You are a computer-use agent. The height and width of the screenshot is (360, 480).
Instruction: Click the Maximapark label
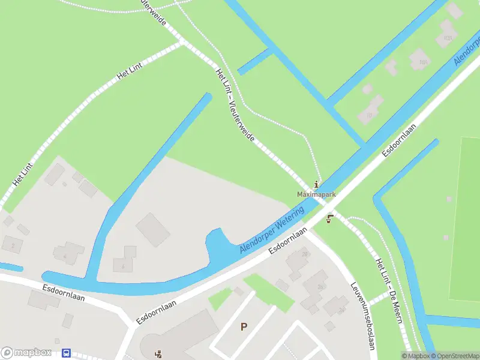coord(316,195)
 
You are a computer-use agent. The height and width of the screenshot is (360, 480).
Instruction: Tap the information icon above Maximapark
coord(317,184)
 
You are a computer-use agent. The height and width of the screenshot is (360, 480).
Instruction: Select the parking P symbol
coord(244,326)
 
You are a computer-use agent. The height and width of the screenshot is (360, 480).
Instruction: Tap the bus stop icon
coord(67,353)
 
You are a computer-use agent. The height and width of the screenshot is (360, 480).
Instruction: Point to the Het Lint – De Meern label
coord(388,290)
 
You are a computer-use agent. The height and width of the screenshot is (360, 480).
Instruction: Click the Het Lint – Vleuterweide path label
coord(235,105)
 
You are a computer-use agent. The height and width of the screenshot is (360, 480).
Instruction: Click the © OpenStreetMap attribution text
coord(454,356)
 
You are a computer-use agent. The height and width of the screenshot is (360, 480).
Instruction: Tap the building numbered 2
coord(12,245)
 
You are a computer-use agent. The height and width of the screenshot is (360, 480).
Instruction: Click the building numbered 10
coord(368,116)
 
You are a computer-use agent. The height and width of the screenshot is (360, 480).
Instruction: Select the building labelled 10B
coord(447,37)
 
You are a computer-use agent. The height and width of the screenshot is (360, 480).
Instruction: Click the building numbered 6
coord(122,266)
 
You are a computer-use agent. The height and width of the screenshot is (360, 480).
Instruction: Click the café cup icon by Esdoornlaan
coord(329,220)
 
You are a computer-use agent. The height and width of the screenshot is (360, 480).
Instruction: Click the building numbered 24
coord(341,310)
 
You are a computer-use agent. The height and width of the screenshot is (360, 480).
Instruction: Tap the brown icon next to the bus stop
coord(158,353)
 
